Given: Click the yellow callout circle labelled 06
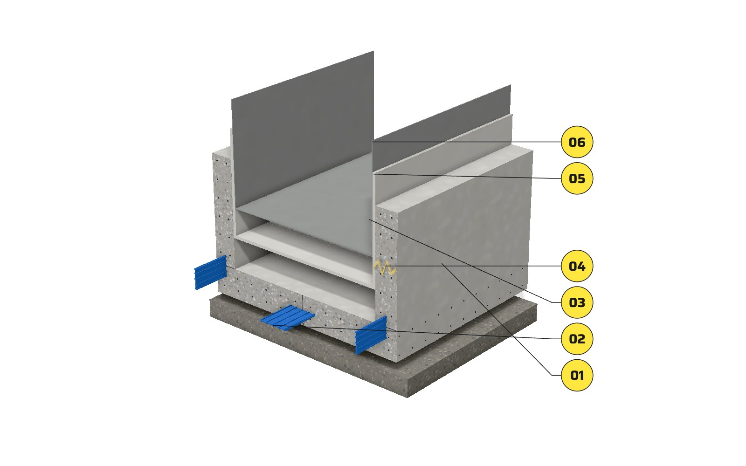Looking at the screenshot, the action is tap(577, 142).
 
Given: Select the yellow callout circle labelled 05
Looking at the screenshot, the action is tap(577, 178).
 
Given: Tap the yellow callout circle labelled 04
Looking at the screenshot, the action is tap(577, 266).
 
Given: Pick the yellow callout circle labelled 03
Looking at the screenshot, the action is tap(577, 302).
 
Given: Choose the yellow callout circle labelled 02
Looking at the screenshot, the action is tap(577, 338).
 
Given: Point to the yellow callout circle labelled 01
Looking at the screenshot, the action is tap(577, 375).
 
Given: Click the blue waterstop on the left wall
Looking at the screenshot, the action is tap(210, 272).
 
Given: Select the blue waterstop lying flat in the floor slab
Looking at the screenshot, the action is tap(288, 318).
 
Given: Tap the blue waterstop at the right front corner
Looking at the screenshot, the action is tap(371, 335).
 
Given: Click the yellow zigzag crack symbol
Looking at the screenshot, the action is tap(385, 267).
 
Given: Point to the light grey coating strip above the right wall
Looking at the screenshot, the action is tap(443, 157).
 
